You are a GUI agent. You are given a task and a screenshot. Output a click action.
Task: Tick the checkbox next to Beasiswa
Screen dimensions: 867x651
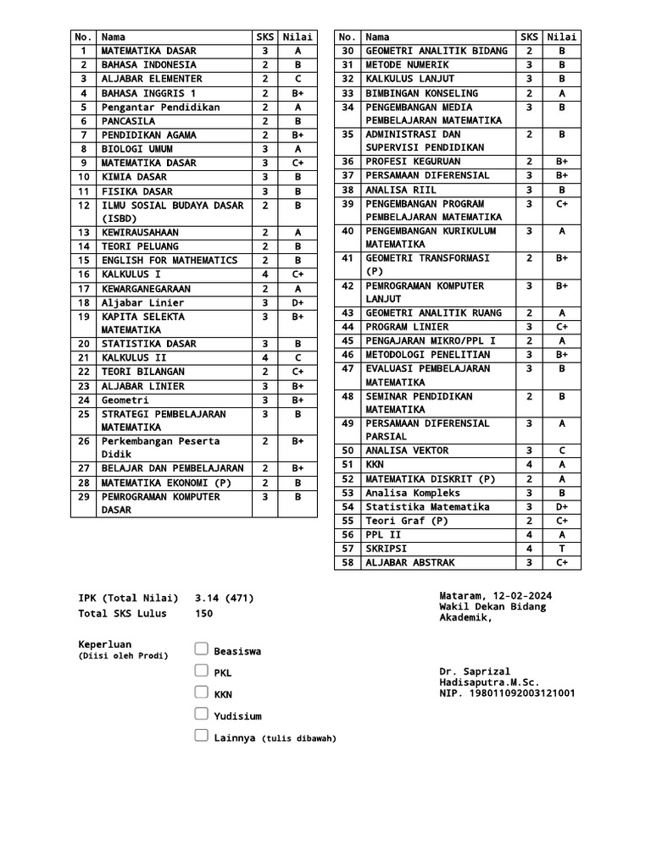(x=201, y=649)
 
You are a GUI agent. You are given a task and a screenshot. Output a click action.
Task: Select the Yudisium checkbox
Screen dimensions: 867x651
(x=201, y=714)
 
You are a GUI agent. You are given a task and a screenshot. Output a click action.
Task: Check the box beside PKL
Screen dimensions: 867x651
(x=201, y=671)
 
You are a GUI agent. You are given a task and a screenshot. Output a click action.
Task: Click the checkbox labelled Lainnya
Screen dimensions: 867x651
(x=201, y=736)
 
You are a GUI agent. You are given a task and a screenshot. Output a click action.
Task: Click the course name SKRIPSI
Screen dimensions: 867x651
(x=387, y=549)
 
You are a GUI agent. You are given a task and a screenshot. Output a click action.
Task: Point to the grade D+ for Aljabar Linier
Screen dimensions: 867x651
(x=298, y=302)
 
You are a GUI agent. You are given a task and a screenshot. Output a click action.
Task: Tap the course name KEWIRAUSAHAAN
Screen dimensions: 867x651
(x=141, y=232)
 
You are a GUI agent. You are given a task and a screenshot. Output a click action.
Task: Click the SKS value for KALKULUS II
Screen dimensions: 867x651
(x=264, y=357)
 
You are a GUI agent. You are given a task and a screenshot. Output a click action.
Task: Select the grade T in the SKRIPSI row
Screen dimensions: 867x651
(x=562, y=549)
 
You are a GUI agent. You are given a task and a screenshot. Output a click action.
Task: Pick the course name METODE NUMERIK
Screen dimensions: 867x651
(x=407, y=64)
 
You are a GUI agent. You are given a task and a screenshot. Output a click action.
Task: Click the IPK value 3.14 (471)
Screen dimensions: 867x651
(x=224, y=598)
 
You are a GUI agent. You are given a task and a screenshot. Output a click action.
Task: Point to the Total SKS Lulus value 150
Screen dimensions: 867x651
(x=203, y=613)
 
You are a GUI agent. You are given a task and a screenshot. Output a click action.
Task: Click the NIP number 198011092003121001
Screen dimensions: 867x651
(x=507, y=693)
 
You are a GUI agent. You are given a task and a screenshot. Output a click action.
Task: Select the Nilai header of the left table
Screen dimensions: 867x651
(x=298, y=37)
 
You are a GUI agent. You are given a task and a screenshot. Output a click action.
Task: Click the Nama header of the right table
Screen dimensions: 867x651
(x=377, y=37)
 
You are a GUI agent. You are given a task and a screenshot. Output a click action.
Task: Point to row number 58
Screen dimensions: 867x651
(x=347, y=562)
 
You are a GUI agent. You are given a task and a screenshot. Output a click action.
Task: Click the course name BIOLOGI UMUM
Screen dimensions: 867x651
(x=137, y=149)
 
